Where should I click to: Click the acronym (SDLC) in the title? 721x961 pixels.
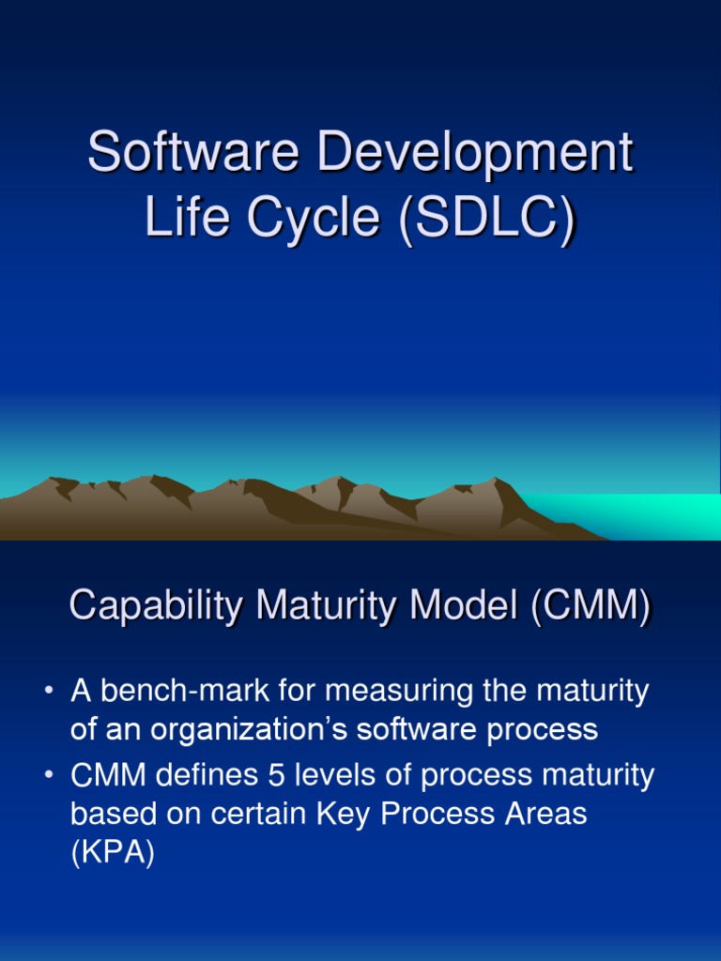pyautogui.click(x=486, y=218)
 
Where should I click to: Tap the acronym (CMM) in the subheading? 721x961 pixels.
pyautogui.click(x=590, y=606)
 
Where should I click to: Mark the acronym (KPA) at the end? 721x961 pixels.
pyautogui.click(x=112, y=852)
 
